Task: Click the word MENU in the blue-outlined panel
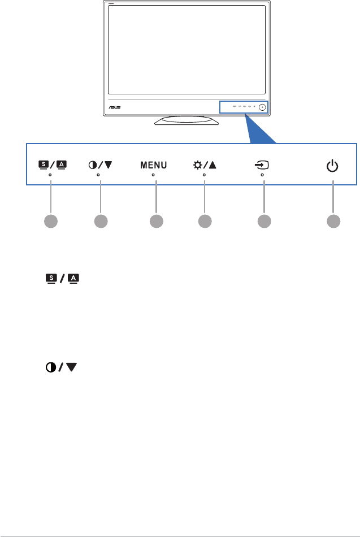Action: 153,166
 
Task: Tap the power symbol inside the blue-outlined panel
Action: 333,166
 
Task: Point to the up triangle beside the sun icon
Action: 212,166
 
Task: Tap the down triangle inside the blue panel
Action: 107,166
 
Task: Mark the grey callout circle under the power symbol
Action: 333,221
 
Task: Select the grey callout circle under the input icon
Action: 263,221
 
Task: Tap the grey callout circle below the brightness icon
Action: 205,221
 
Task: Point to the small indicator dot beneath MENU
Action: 153,175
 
